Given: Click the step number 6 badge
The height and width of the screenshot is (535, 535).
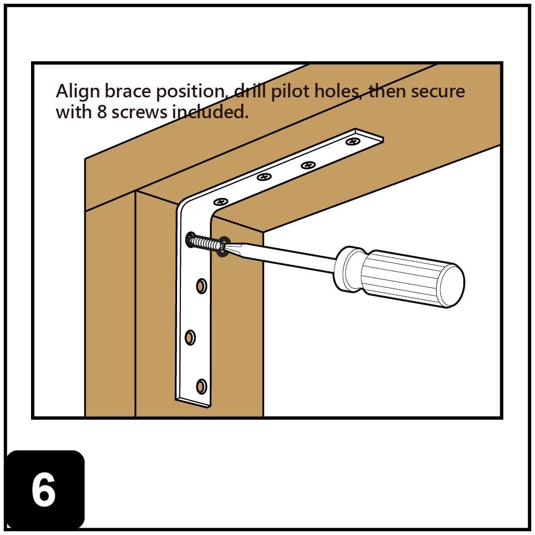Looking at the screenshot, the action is (x=45, y=490).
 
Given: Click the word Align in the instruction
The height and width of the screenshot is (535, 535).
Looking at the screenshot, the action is (x=78, y=92).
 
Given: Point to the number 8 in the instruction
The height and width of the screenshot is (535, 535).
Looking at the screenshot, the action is (x=102, y=112).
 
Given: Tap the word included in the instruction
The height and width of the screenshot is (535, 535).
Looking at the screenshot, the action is (x=210, y=112).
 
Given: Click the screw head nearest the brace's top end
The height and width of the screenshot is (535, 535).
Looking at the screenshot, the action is (x=353, y=141).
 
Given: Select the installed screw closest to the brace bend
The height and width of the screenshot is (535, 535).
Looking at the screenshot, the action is (x=221, y=202).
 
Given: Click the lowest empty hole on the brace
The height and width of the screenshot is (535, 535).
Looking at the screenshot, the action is (x=201, y=386).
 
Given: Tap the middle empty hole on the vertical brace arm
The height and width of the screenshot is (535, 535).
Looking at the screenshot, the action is (x=190, y=338).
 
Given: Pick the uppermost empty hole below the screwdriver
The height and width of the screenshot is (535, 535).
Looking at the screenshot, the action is (x=201, y=286).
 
